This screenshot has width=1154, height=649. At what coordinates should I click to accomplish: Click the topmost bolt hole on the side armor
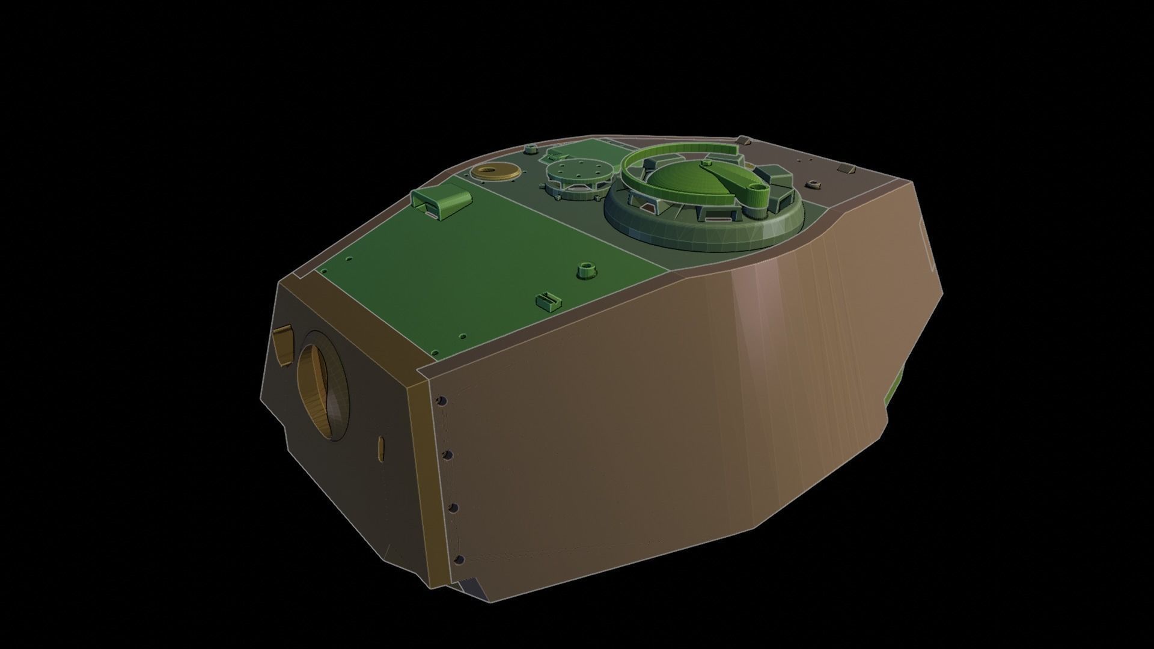(443, 400)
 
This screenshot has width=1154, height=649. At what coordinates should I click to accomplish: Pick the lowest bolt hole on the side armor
(459, 560)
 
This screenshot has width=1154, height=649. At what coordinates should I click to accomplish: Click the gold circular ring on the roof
(495, 172)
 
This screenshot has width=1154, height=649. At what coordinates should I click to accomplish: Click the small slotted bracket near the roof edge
(548, 300)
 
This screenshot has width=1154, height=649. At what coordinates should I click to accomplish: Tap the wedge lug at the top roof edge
(743, 141)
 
